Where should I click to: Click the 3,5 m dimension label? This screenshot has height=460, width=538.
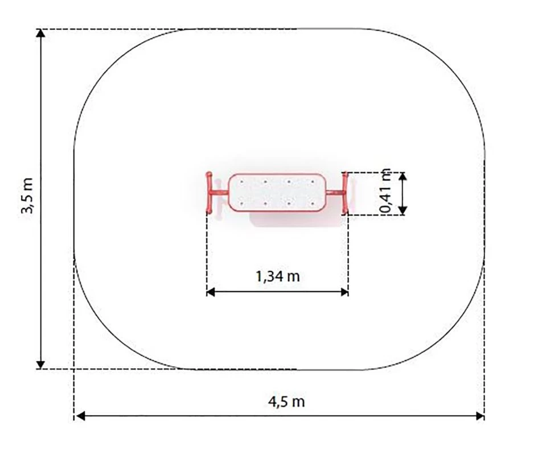tap(27, 196)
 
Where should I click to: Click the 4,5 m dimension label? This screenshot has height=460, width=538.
tap(286, 401)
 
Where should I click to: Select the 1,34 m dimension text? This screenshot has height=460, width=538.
tap(278, 276)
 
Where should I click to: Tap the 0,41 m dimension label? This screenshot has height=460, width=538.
tap(385, 190)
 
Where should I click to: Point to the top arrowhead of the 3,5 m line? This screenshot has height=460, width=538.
tap(40, 33)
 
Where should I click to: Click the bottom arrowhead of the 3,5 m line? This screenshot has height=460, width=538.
tap(40, 365)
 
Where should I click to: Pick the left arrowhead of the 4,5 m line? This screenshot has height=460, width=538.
tap(80, 416)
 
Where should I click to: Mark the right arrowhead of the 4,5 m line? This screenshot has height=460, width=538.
tap(480, 416)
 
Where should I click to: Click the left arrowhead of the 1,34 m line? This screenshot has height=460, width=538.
tap(211, 292)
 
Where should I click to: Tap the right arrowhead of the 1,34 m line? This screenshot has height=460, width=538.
tap(344, 292)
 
